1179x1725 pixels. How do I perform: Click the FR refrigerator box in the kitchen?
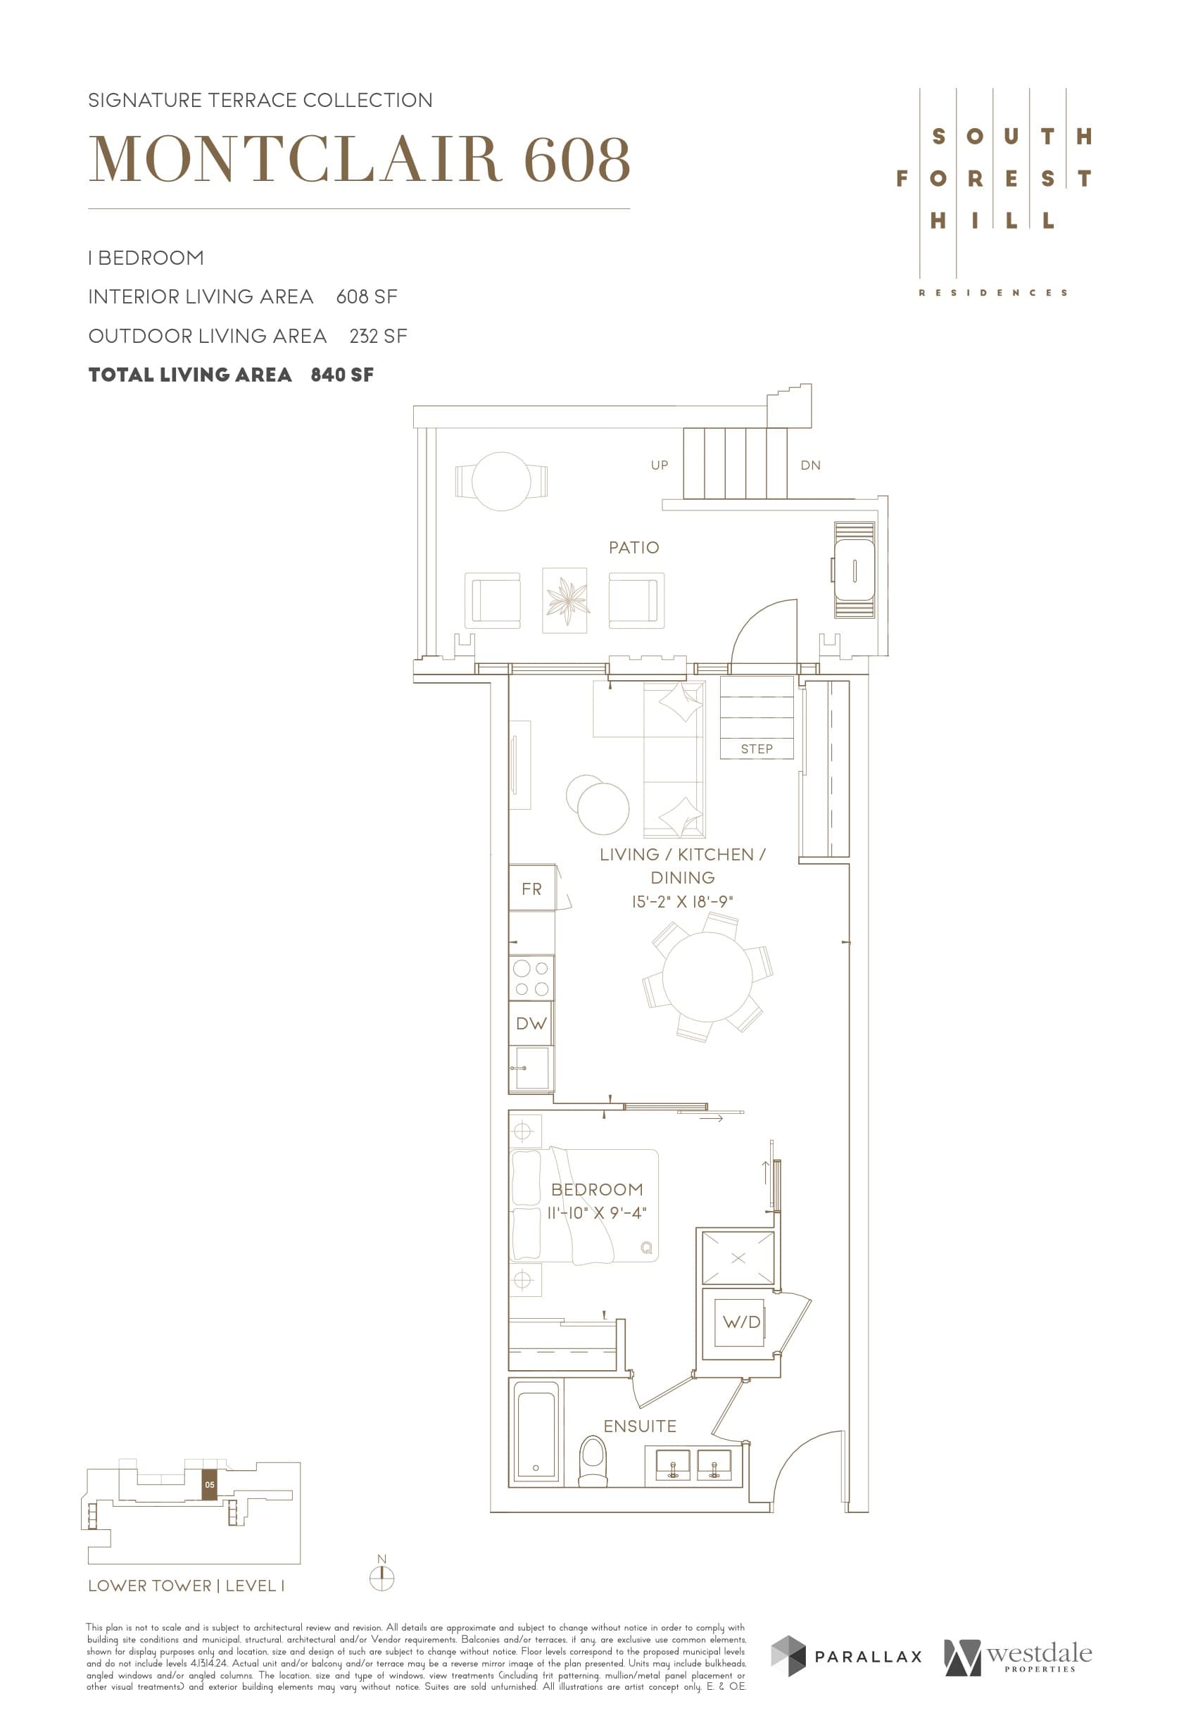(x=531, y=889)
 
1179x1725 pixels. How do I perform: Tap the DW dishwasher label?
(x=531, y=1024)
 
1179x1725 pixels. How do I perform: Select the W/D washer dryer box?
(x=740, y=1322)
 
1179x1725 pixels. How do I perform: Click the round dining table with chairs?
(x=707, y=977)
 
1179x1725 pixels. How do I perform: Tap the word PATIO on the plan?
(x=633, y=548)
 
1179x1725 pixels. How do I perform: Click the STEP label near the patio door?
(x=756, y=749)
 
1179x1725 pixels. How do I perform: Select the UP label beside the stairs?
(x=659, y=465)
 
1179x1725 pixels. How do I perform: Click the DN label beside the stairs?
(x=810, y=465)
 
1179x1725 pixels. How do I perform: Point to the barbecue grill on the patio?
(x=854, y=570)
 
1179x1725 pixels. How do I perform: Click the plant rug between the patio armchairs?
(x=565, y=601)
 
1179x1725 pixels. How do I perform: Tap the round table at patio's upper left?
(x=501, y=481)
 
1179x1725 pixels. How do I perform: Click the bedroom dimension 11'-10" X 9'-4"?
(x=597, y=1213)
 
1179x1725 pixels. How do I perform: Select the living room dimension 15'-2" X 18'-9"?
(x=682, y=902)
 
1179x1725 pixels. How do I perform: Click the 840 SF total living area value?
(x=342, y=375)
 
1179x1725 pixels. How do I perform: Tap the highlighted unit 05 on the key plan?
(x=210, y=1484)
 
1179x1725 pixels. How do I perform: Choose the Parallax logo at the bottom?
(x=846, y=1656)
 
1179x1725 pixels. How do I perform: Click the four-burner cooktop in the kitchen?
(x=531, y=977)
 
